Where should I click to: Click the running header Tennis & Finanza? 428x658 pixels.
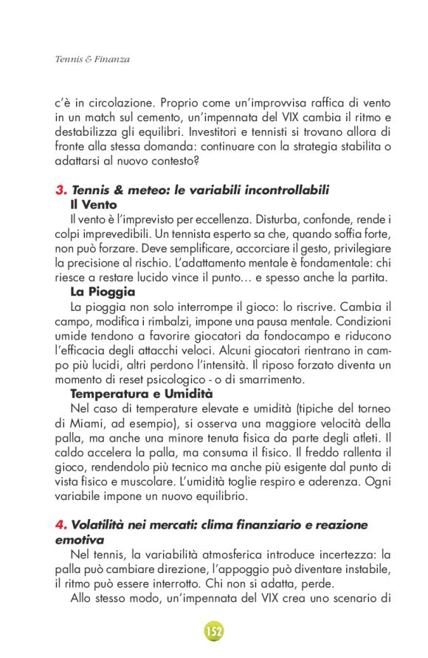coord(92,59)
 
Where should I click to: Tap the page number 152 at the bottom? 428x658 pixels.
coord(214,631)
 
